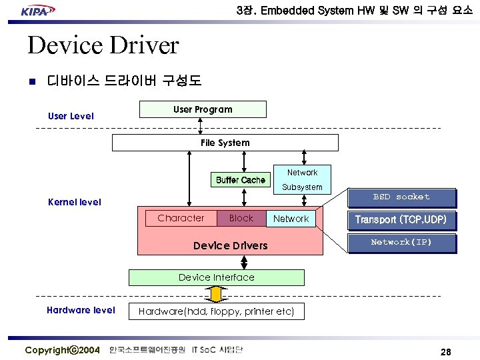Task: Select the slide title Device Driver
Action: coord(103,45)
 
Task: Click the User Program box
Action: coord(203,109)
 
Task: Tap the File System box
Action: coord(225,143)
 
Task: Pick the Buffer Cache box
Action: coord(240,180)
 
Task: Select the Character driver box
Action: coord(181,218)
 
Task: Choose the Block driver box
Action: coord(241,218)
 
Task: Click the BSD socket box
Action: coord(401,197)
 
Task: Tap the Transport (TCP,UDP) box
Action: coord(401,220)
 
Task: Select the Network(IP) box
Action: coord(401,243)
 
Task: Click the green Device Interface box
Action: coord(216,277)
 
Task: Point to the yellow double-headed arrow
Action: coord(216,294)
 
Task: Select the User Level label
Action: coord(71,116)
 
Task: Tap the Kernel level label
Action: coord(75,202)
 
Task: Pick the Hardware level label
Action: coord(80,310)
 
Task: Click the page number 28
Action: coord(446,351)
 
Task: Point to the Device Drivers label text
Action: coord(230,245)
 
